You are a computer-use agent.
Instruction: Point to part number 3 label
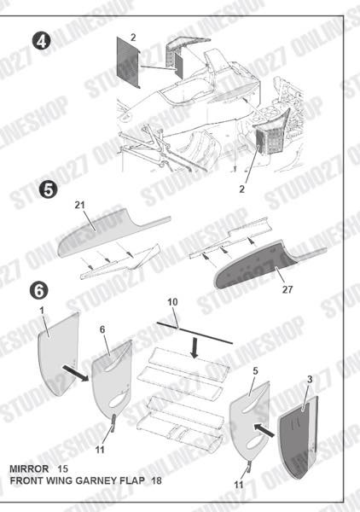click(x=310, y=377)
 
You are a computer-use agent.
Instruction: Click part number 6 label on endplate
click(x=102, y=329)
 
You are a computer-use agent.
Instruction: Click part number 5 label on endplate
click(x=254, y=371)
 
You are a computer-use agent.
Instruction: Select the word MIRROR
click(x=28, y=469)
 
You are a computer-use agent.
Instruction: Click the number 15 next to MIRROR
click(x=62, y=469)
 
